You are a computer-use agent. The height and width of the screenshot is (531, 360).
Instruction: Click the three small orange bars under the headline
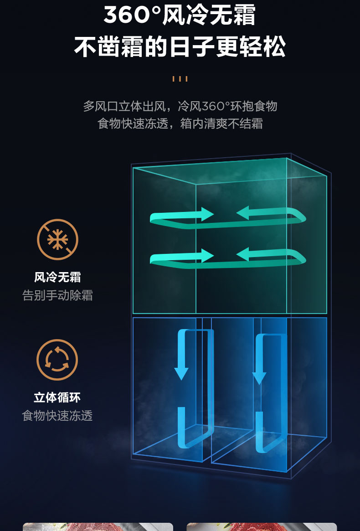pos(180,79)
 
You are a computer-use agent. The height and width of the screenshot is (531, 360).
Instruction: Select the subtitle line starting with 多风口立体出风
pos(180,107)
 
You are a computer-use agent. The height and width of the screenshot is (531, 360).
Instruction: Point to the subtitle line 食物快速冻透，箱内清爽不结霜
pos(180,124)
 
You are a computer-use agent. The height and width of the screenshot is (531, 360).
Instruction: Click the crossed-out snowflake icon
pos(57,240)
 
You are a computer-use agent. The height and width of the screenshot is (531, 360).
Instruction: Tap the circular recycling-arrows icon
pos(57,360)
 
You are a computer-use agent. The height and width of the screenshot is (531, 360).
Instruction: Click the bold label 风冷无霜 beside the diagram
pos(57,277)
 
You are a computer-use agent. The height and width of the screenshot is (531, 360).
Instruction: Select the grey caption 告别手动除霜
pos(57,295)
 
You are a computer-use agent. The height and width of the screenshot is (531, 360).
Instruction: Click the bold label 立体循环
pos(57,397)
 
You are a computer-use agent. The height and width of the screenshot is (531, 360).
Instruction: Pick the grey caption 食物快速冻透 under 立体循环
pos(57,416)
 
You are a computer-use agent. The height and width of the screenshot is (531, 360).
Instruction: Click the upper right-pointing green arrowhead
pos(207,214)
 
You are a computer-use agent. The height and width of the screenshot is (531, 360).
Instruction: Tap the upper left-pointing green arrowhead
pos(243,212)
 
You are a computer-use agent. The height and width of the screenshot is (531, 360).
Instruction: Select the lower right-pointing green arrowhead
pos(207,255)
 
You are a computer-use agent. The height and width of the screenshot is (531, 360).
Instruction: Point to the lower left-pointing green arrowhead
pos(243,254)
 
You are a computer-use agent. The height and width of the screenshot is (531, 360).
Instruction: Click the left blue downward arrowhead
pos(181,373)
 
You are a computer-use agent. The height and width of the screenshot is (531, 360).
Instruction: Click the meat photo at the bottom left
pos(98,526)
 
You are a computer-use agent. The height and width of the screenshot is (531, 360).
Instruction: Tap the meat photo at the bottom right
pos(262,526)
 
